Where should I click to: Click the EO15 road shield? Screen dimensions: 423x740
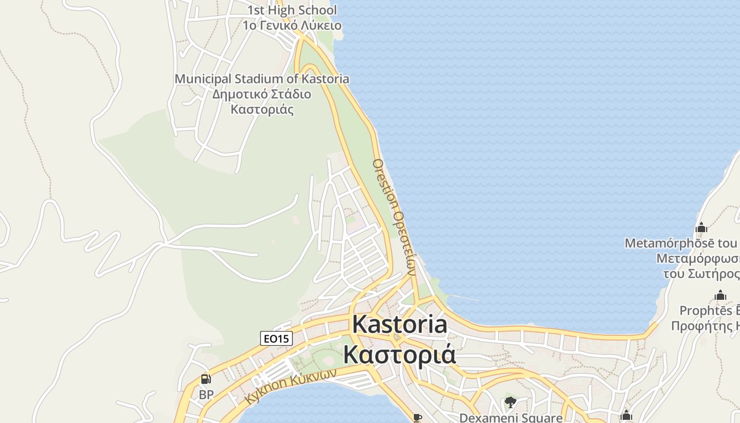[276, 338]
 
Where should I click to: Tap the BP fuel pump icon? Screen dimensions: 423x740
[206, 379]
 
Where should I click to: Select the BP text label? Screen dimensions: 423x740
[206, 394]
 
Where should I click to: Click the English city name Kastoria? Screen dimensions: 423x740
[400, 324]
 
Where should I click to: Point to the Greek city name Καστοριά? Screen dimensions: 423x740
[400, 354]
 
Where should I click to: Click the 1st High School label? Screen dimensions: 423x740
[292, 10]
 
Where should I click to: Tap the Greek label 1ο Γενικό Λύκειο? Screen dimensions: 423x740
[292, 25]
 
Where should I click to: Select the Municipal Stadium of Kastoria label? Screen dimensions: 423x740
[262, 79]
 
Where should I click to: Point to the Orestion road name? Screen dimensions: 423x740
[384, 182]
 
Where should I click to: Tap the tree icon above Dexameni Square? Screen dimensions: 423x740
[510, 403]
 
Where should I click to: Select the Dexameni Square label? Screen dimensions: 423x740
[511, 418]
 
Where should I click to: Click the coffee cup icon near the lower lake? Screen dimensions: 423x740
[418, 418]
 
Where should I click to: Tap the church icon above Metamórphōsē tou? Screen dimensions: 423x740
[701, 228]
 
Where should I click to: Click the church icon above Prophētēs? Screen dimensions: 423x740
[720, 296]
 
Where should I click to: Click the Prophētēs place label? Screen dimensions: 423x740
[708, 310]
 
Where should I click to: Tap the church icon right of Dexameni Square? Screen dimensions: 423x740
[626, 415]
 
